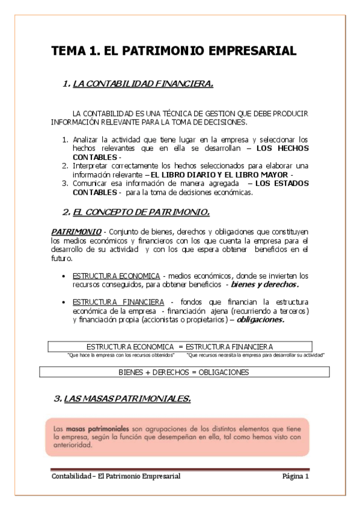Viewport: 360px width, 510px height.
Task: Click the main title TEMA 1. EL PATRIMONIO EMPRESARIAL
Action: (174, 51)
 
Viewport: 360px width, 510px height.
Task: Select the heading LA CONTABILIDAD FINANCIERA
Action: (142, 84)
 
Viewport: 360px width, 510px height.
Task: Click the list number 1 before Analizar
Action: (66, 140)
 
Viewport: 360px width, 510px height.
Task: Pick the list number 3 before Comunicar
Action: (66, 183)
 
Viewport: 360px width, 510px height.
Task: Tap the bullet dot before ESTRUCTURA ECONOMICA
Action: (64, 275)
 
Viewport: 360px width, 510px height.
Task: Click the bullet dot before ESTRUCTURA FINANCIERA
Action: (64, 301)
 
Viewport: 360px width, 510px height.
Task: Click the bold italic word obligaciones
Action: (261, 320)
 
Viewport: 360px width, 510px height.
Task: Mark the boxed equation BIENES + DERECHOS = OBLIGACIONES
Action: (183, 372)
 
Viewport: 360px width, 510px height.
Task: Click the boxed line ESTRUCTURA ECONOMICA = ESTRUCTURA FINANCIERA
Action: (179, 346)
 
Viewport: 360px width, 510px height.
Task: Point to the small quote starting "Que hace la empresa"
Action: (117, 355)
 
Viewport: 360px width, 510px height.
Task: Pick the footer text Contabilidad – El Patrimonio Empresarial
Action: (115, 476)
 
